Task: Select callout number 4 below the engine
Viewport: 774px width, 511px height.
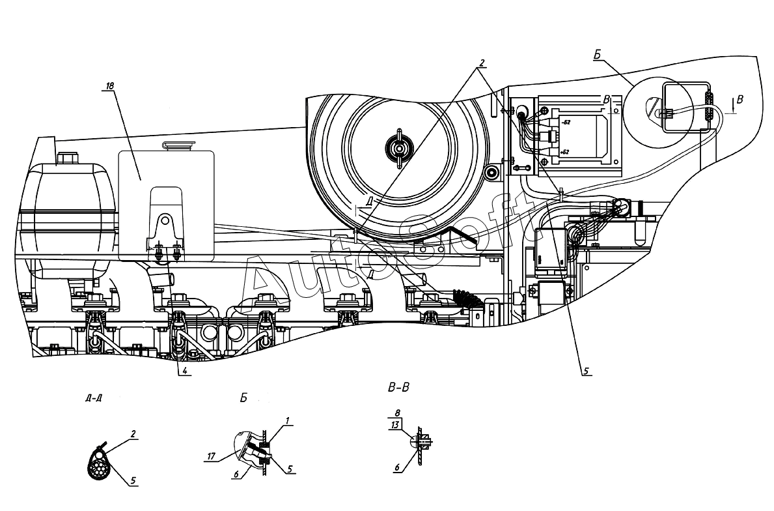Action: (186, 372)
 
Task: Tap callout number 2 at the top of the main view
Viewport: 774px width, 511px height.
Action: (482, 63)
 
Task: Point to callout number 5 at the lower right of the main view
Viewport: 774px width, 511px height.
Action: (585, 372)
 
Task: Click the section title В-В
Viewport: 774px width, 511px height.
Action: (398, 388)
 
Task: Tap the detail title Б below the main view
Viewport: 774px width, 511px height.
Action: (243, 398)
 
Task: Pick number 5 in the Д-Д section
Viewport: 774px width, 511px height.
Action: (133, 481)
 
